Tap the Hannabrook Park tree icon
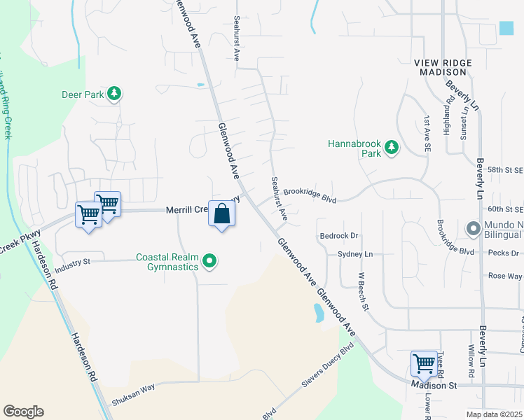pos(392,148)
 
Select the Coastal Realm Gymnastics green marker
pos(209,262)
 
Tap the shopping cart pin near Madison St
pos(424,364)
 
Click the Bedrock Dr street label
pos(338,236)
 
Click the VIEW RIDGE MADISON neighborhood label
pos(443,67)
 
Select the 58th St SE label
pos(505,170)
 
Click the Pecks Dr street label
pos(504,253)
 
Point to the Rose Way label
pos(504,276)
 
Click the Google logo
pos(23,412)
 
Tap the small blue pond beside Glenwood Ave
pos(319,312)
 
